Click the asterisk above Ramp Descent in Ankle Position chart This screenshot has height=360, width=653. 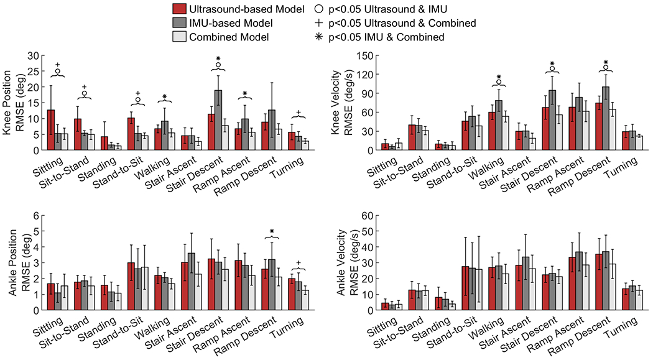[x=272, y=233]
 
